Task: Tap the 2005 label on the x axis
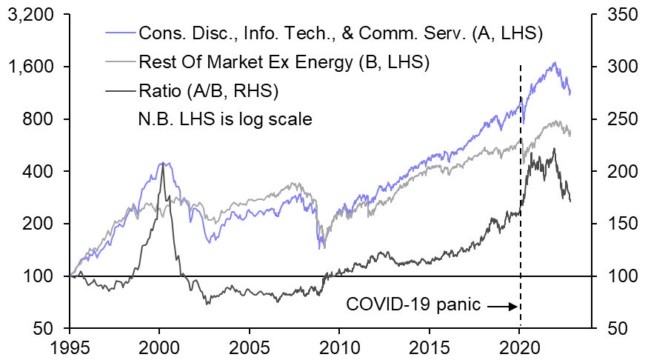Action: coord(250,347)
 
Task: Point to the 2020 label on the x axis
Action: coord(519,347)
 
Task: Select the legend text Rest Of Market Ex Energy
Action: coord(284,62)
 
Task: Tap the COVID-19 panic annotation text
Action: coord(413,304)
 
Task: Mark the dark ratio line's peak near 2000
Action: coord(163,162)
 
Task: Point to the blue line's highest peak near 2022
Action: coord(554,63)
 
